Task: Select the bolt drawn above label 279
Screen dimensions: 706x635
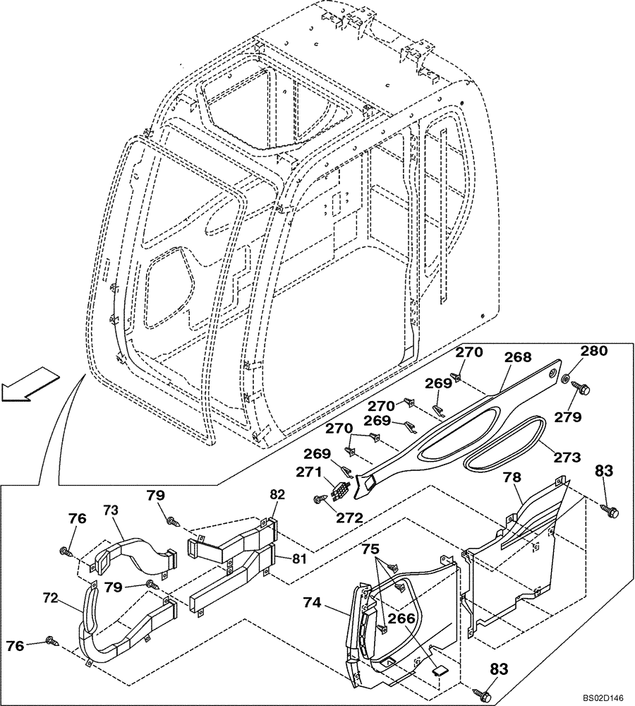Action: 584,387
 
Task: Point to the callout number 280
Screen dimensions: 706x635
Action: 593,351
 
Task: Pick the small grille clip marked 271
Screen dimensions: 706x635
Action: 339,489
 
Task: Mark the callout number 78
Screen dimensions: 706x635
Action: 513,478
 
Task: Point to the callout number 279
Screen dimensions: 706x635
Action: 567,417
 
